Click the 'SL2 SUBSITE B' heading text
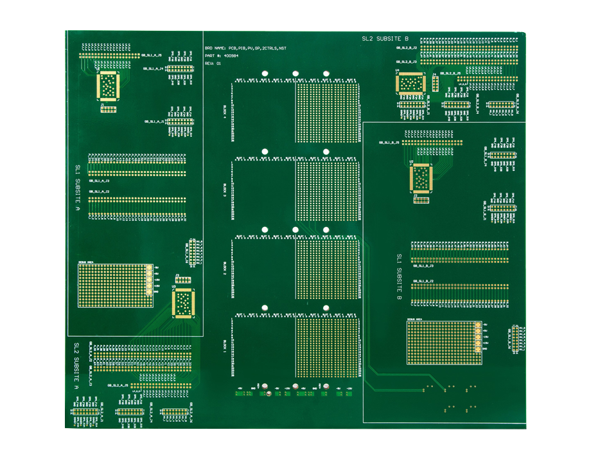pyautogui.click(x=385, y=39)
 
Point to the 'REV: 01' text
pyautogui.click(x=213, y=64)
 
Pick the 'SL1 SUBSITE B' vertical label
pyautogui.click(x=399, y=278)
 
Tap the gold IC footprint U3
pyautogui.click(x=184, y=303)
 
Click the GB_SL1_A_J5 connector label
pyautogui.click(x=152, y=56)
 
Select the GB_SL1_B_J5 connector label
pyautogui.click(x=389, y=142)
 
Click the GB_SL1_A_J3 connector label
pyautogui.click(x=99, y=182)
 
